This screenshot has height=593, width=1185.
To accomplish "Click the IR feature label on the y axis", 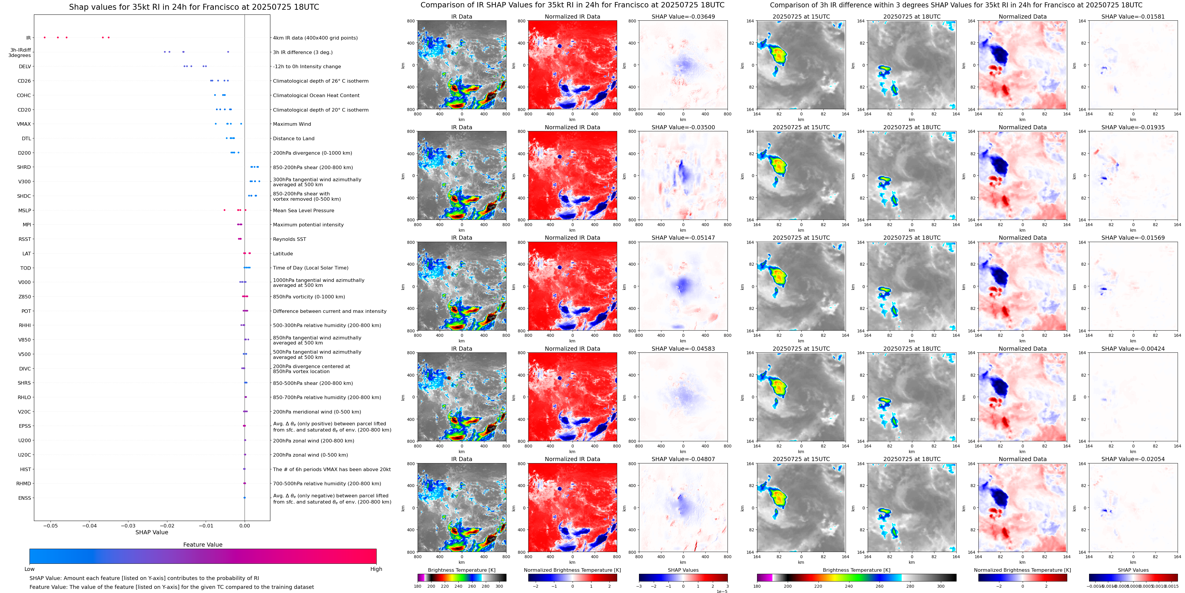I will tap(29, 38).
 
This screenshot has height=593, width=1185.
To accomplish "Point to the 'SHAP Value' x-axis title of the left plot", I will tap(151, 532).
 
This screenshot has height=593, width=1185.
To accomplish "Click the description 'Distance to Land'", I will tap(293, 138).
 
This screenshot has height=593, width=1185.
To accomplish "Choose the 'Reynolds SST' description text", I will tap(289, 239).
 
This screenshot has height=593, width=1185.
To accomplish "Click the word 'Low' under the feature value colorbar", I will tap(30, 569).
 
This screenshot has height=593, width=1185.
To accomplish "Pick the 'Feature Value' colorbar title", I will tap(202, 545).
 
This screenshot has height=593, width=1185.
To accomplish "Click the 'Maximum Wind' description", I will tap(292, 124).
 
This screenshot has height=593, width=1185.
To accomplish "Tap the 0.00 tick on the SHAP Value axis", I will tap(245, 526).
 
